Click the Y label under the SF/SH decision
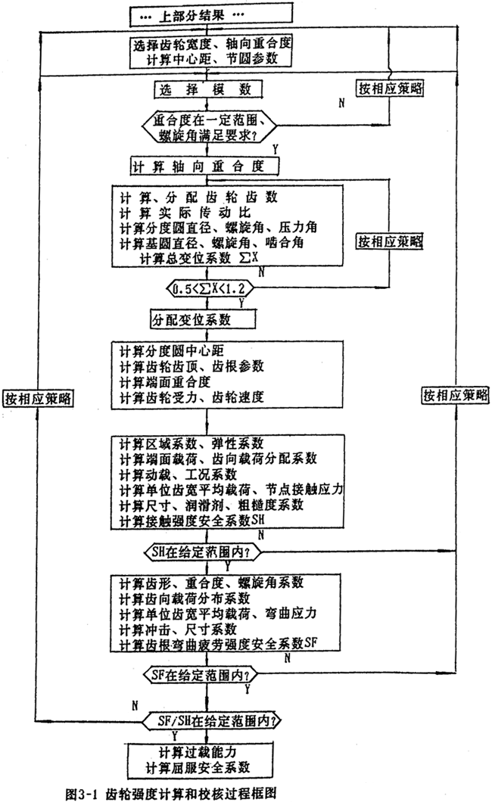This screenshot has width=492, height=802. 176,732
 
